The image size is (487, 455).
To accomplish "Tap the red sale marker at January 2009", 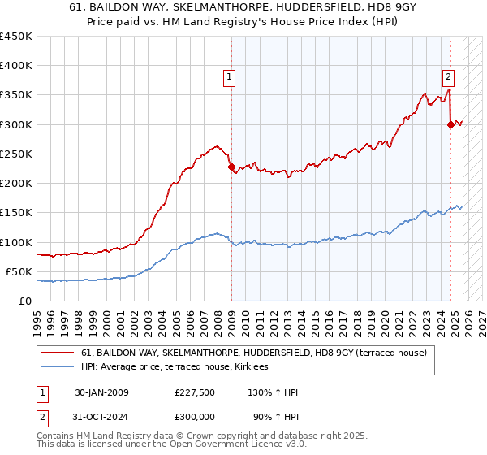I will click(x=231, y=167).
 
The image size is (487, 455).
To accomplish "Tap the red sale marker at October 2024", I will click(x=450, y=124).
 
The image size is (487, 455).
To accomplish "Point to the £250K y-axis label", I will click(x=16, y=154).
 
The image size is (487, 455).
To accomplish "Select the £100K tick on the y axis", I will click(x=16, y=242).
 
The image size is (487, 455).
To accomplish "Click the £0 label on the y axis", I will click(x=25, y=301).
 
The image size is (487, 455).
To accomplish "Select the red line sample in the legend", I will click(x=58, y=353).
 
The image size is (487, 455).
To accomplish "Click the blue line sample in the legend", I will click(x=58, y=367).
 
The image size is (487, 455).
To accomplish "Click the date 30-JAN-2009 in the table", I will click(x=101, y=392).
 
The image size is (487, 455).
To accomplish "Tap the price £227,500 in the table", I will click(x=194, y=392).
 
